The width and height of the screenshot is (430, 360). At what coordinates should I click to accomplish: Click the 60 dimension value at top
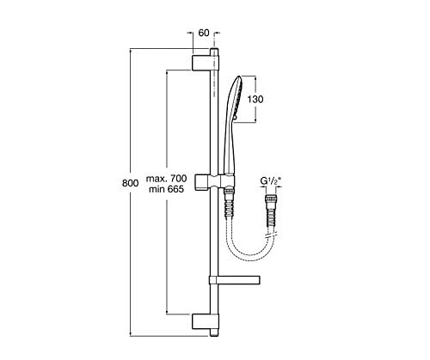pos(204,33)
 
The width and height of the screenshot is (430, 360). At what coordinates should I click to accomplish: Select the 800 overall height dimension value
pos(130,183)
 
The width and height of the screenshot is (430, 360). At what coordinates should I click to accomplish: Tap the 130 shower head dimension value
pos(255,100)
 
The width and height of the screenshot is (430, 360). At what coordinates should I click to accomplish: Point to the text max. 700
pos(166,179)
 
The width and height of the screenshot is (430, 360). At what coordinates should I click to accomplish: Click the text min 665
pos(166,189)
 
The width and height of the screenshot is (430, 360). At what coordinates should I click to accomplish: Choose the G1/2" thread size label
pos(271,181)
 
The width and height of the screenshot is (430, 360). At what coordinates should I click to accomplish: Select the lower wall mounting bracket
pos(205,321)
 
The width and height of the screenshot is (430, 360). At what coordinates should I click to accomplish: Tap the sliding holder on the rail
pos(215,182)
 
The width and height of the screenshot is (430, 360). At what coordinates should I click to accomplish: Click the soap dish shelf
pos(235,280)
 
